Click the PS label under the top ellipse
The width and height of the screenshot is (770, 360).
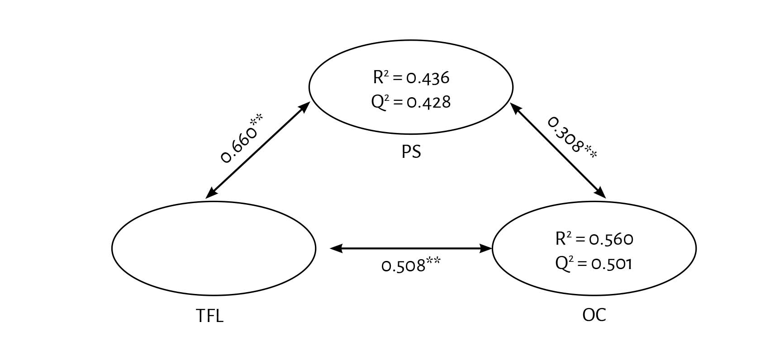[x=411, y=152]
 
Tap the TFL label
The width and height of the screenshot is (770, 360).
[x=209, y=316]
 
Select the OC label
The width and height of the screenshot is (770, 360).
[x=594, y=314]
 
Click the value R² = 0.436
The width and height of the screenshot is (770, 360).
[x=411, y=78]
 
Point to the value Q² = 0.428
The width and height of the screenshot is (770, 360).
[x=411, y=102]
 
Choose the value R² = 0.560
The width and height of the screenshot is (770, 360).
[x=594, y=238]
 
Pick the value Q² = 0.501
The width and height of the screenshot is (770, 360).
[x=594, y=263]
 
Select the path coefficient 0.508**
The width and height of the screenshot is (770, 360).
[x=411, y=265]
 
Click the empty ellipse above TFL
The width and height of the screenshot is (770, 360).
[x=214, y=248]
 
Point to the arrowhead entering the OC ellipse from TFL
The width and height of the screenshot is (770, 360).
[x=486, y=248]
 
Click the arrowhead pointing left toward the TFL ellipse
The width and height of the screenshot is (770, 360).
[x=336, y=248]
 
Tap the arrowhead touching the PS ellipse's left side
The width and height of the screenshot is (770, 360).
[x=304, y=107]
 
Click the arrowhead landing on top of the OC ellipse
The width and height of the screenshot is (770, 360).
[x=600, y=193]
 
